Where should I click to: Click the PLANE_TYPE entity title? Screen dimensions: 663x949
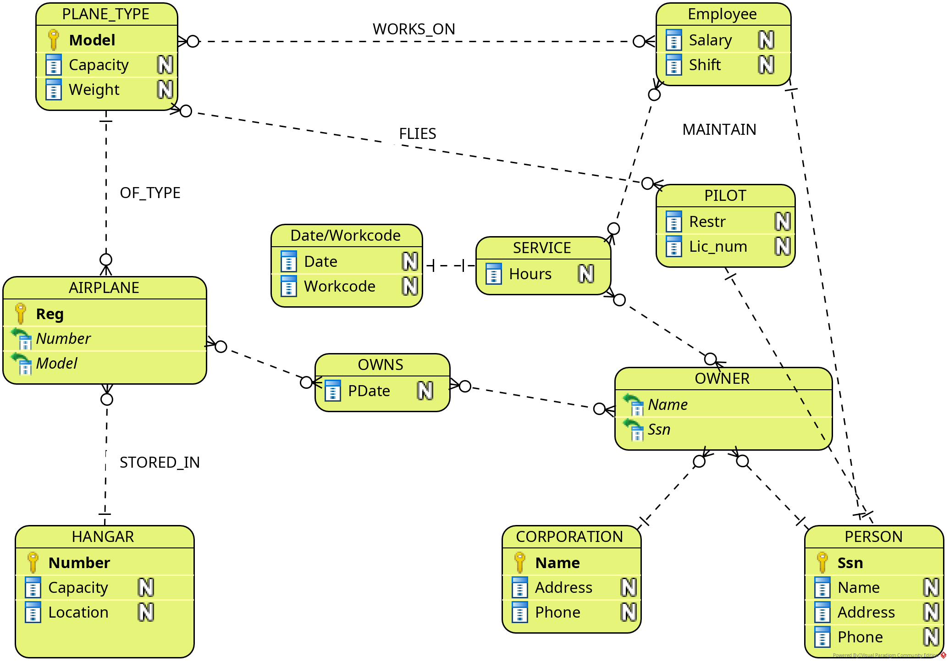[x=106, y=14]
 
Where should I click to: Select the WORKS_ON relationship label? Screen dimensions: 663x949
[x=414, y=29]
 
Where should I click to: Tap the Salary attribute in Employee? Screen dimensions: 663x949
[x=710, y=40]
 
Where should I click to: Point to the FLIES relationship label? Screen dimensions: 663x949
[x=417, y=134]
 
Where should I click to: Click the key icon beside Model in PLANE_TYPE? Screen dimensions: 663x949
[x=54, y=40]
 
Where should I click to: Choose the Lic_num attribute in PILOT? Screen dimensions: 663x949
[x=718, y=247]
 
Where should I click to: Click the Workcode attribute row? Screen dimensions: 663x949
[x=340, y=287]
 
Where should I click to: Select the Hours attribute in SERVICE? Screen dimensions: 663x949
[x=530, y=274]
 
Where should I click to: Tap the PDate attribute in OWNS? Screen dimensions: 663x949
[x=369, y=391]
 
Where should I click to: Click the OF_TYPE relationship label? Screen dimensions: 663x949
[x=150, y=193]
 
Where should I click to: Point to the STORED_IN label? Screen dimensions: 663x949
[x=160, y=463]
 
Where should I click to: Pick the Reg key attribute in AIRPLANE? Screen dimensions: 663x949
[x=50, y=314]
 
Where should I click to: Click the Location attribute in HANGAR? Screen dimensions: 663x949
[x=78, y=613]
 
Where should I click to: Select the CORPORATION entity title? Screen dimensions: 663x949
[x=569, y=537]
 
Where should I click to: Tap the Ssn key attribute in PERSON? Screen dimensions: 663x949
[x=850, y=563]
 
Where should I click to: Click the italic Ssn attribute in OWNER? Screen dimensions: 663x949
[x=659, y=430]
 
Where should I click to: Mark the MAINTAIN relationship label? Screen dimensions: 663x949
[x=719, y=130]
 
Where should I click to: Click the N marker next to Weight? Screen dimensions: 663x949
[x=165, y=89]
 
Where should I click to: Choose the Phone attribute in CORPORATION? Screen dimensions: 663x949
[x=557, y=613]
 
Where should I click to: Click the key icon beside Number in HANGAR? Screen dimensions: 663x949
[x=33, y=563]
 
